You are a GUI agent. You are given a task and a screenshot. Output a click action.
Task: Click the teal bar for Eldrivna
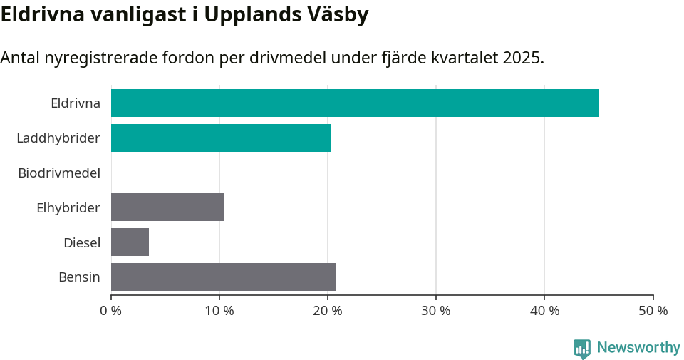(355, 103)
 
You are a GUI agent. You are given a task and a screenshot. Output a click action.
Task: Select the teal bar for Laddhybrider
(221, 138)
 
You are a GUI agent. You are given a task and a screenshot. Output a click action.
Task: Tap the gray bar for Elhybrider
(167, 207)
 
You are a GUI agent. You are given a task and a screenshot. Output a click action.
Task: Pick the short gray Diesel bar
(130, 242)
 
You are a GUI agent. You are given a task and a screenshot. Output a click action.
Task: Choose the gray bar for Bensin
(224, 277)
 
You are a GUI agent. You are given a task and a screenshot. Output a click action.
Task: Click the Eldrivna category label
(75, 103)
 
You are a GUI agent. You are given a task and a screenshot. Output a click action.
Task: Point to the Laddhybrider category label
(58, 138)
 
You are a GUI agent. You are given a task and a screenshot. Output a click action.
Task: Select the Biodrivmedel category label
(59, 173)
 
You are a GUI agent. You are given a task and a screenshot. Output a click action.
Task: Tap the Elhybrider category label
(68, 207)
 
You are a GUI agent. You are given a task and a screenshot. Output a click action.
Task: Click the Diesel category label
(81, 242)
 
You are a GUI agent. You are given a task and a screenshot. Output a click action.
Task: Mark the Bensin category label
(79, 277)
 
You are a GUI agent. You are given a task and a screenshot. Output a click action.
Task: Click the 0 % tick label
(111, 311)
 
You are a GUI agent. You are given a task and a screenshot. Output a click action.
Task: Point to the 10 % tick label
(219, 311)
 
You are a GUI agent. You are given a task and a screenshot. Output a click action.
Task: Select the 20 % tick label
(328, 311)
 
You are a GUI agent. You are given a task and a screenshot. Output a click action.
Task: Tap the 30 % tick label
(436, 311)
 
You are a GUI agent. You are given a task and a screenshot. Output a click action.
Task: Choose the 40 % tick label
(544, 311)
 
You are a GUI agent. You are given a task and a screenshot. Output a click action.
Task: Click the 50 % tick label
(653, 311)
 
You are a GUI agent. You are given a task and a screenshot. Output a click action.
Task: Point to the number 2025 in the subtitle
(521, 58)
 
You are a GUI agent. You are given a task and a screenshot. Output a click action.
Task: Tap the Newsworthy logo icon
(582, 349)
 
